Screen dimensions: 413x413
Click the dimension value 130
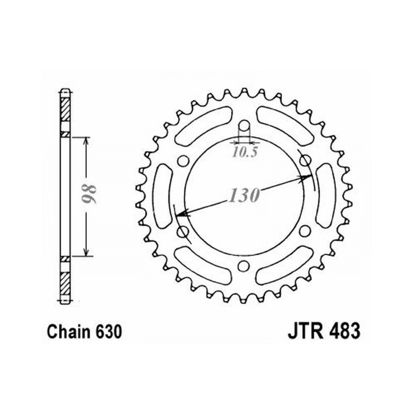click(244, 195)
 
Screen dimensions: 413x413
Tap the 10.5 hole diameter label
click(244, 152)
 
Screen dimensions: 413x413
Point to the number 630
click(109, 332)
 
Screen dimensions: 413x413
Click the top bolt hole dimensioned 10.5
click(244, 126)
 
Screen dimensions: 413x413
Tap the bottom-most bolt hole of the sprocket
click(243, 266)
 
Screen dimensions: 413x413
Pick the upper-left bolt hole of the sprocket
click(183, 161)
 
